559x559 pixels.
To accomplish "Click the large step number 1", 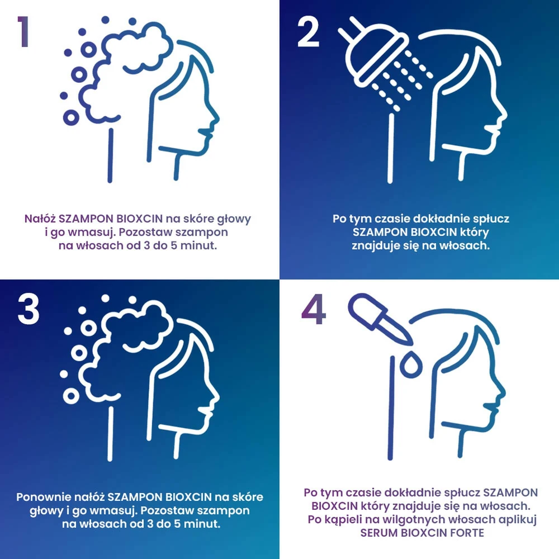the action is [23, 31].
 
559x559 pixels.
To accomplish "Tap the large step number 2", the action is [308, 32].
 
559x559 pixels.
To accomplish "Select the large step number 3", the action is [28, 310].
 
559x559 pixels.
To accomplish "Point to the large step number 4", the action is [314, 310].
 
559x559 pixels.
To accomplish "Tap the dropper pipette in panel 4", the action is [380, 319].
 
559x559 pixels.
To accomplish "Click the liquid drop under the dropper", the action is [411, 364].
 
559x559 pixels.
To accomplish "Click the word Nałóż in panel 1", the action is [40, 219].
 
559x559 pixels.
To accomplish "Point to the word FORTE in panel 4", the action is [467, 533].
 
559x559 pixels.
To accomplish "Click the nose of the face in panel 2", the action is [503, 114].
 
